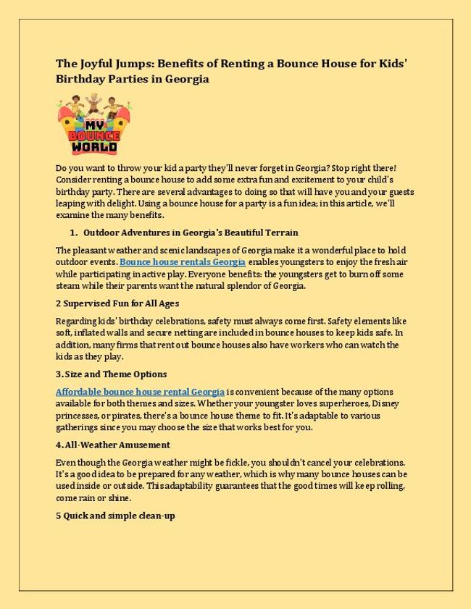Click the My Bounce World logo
pyautogui.click(x=87, y=127)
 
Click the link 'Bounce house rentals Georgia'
pyautogui.click(x=183, y=261)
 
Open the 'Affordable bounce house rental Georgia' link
pyautogui.click(x=140, y=391)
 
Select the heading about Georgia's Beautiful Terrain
pyautogui.click(x=191, y=232)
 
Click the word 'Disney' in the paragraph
pyautogui.click(x=385, y=403)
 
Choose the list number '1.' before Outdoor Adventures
pyautogui.click(x=73, y=232)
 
